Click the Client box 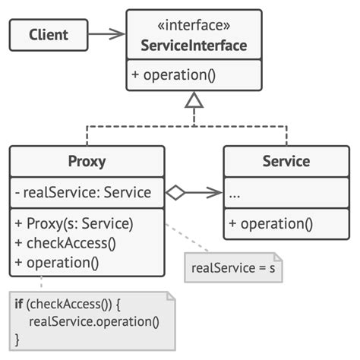[49, 34]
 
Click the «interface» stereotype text [194, 27]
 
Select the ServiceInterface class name [194, 46]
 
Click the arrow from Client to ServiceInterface [107, 34]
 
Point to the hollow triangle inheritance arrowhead [194, 98]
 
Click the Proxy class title [87, 161]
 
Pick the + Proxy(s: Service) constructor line [74, 223]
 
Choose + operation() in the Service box [270, 223]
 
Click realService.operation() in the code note [94, 321]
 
